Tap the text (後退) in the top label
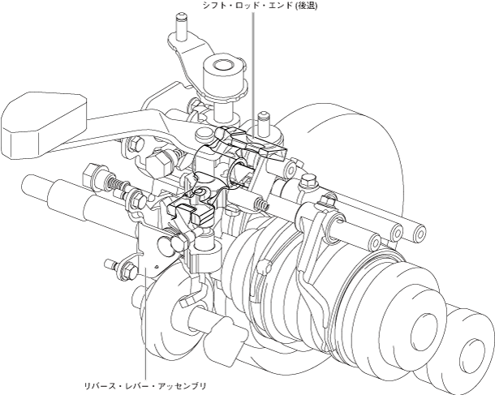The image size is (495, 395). pyautogui.click(x=305, y=6)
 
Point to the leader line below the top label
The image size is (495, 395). pyautogui.click(x=252, y=76)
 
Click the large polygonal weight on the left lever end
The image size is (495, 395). pyautogui.click(x=44, y=125)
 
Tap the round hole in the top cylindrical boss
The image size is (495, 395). pyautogui.click(x=223, y=66)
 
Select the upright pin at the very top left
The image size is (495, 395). pyautogui.click(x=182, y=27)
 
